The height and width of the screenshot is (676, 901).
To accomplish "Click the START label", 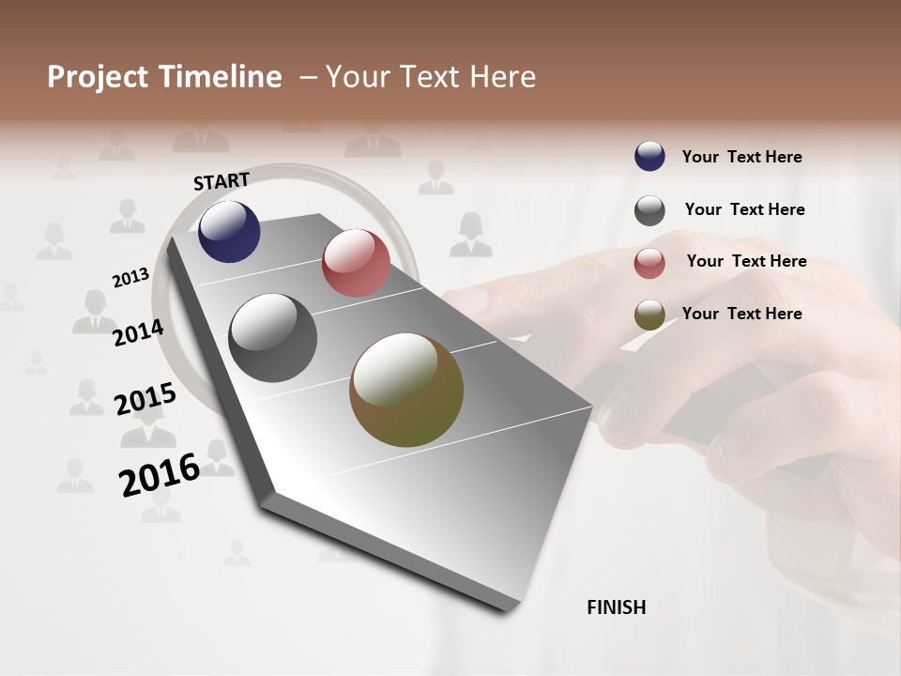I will pos(221,181).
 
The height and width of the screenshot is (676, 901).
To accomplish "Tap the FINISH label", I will pos(616,607).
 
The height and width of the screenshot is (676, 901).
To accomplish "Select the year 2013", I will pos(130,278).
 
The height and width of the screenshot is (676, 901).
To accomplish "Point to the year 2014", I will pos(138,333).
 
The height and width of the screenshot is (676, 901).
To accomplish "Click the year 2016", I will pos(159,475).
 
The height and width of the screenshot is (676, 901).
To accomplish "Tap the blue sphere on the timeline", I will pos(229,232).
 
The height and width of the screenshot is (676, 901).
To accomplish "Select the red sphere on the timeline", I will pos(356,262).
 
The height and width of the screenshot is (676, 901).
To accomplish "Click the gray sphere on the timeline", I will pos(272,338).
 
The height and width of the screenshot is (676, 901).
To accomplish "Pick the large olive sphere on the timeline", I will pos(406,390).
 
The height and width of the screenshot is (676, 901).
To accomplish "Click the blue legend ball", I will pos(649,157).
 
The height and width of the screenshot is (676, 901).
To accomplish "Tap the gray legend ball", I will pos(649,210).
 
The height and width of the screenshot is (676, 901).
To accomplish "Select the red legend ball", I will pos(649,263).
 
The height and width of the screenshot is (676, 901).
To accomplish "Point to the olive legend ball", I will pos(649,315).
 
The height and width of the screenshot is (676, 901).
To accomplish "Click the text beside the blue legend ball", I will pos(741,158).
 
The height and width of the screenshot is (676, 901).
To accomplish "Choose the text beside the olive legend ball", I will pos(741,314).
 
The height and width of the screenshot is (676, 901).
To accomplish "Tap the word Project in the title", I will pos(98,77).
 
